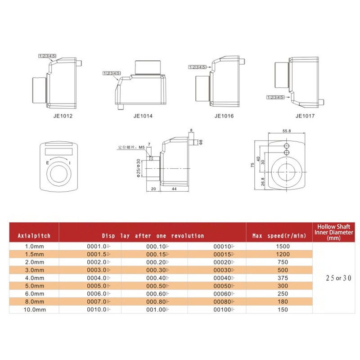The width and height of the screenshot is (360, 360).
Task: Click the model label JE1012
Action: pyautogui.click(x=62, y=116)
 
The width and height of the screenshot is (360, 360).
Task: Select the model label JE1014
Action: pyautogui.click(x=143, y=116)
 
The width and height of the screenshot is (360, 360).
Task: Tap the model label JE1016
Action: pyautogui.click(x=224, y=116)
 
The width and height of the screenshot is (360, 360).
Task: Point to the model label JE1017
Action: pyautogui.click(x=305, y=116)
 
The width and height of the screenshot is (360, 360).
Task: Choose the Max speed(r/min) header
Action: pyautogui.click(x=279, y=235)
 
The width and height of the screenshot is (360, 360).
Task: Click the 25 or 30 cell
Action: pyautogui.click(x=333, y=278)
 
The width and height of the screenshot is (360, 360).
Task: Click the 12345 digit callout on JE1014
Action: pyautogui.click(x=112, y=73)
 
